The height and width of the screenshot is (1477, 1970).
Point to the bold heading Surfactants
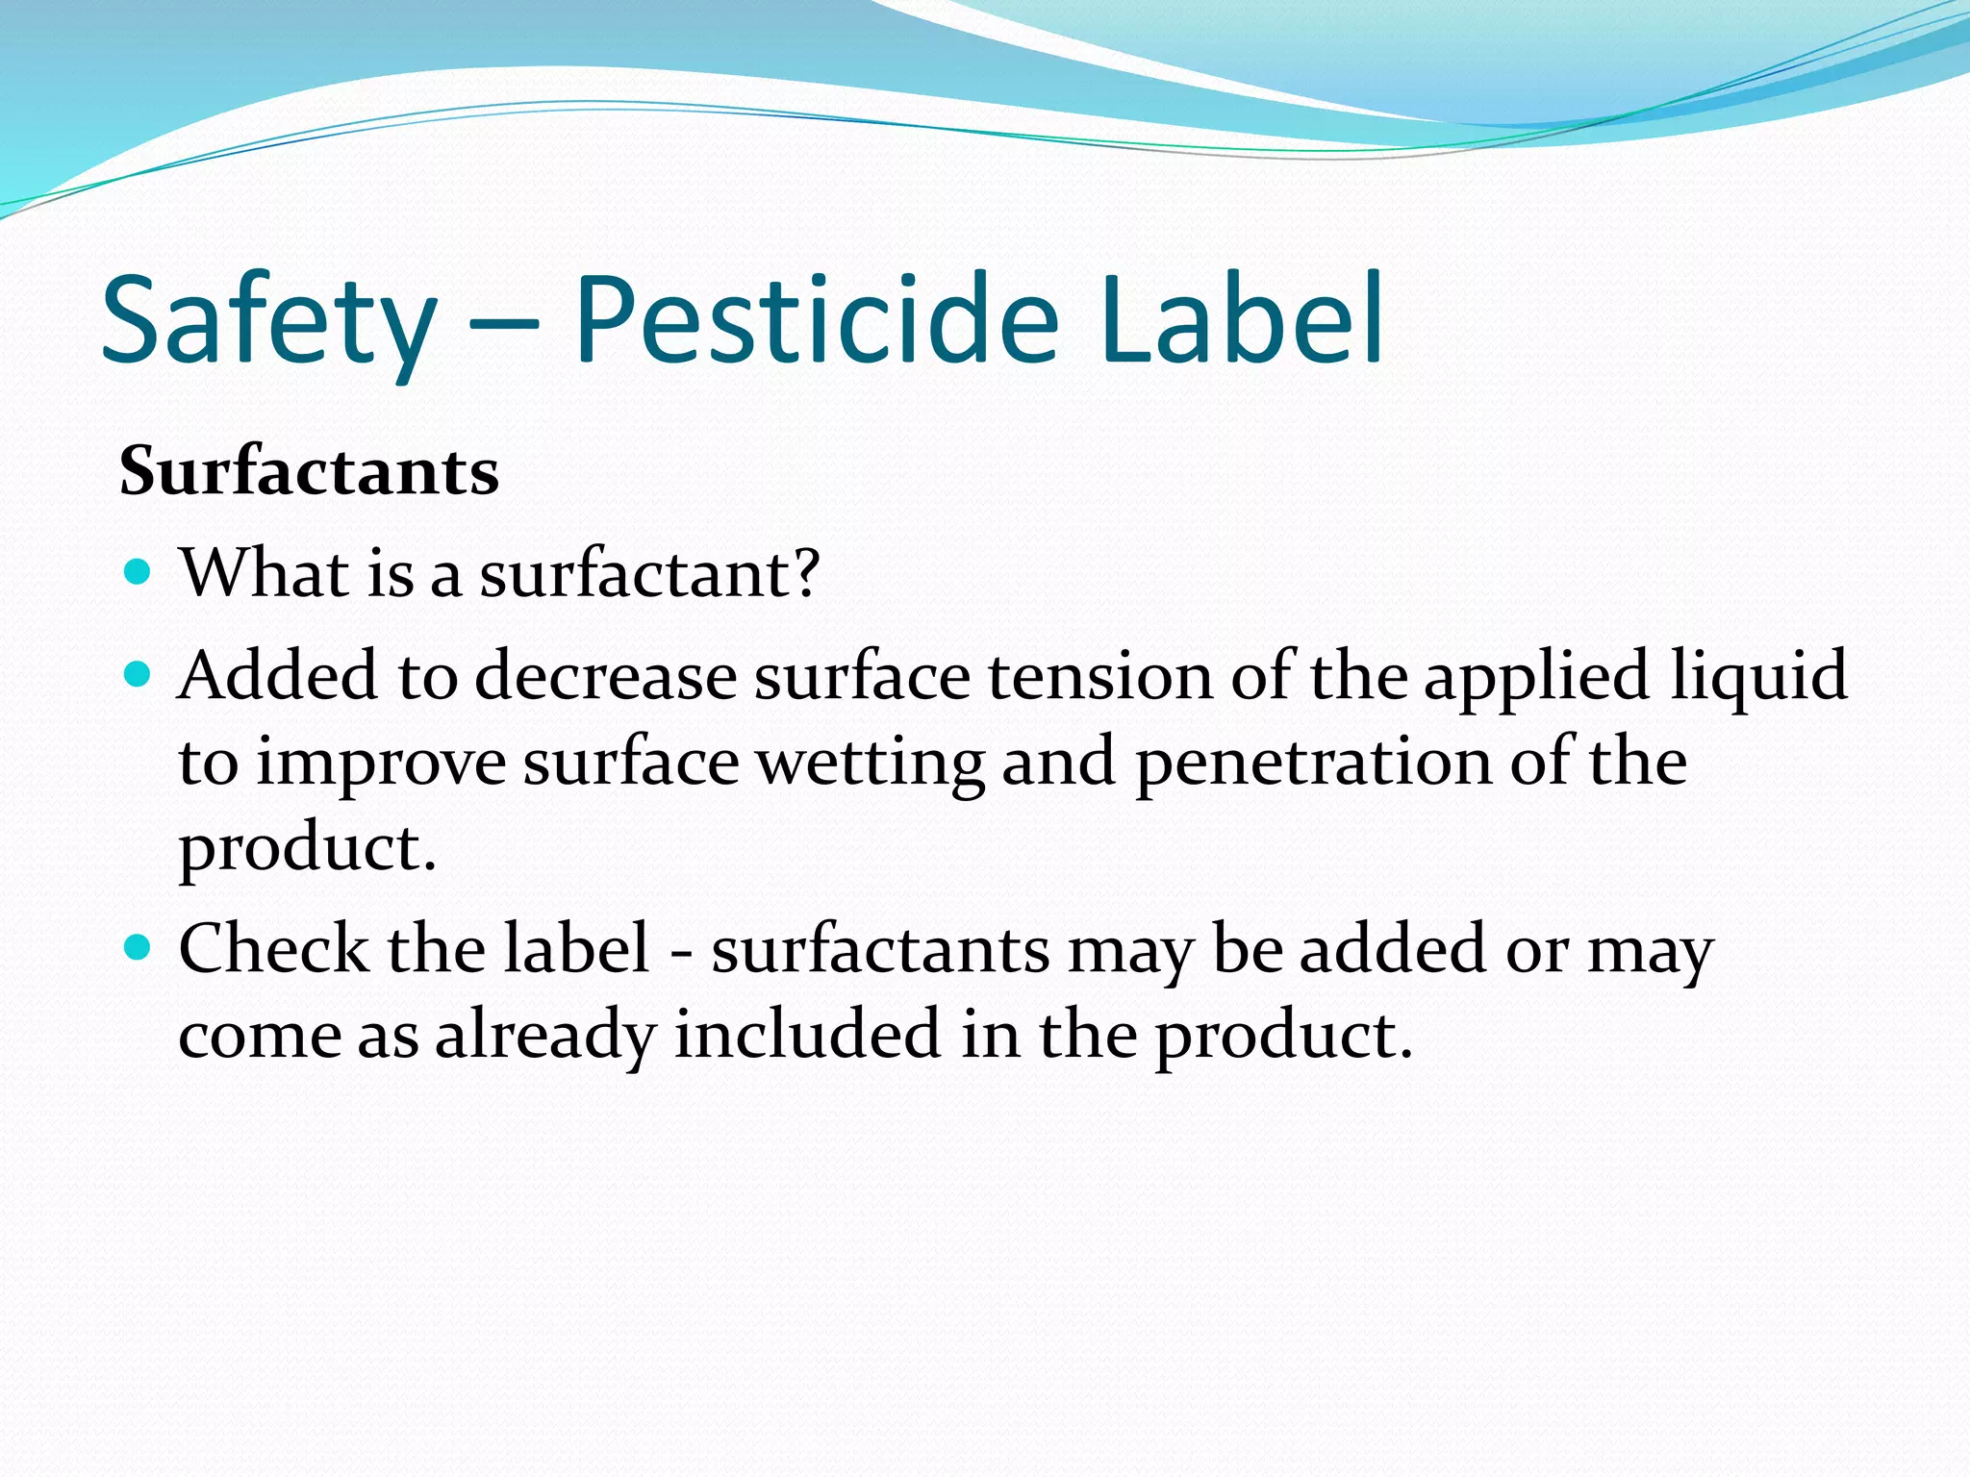pos(309,472)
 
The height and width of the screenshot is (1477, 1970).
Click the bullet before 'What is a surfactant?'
pos(139,573)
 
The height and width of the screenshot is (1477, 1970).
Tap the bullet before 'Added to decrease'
pos(139,674)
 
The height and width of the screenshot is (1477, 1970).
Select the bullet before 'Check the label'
pos(139,948)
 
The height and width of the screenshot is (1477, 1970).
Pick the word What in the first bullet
pos(264,573)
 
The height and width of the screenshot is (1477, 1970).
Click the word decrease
pos(605,675)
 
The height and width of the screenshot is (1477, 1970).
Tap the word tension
pos(1100,675)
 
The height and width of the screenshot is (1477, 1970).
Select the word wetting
pos(871,764)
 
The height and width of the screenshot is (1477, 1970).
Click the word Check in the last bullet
pos(272,949)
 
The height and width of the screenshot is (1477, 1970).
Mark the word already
pos(545,1037)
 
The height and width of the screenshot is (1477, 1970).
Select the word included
pos(806,1035)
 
